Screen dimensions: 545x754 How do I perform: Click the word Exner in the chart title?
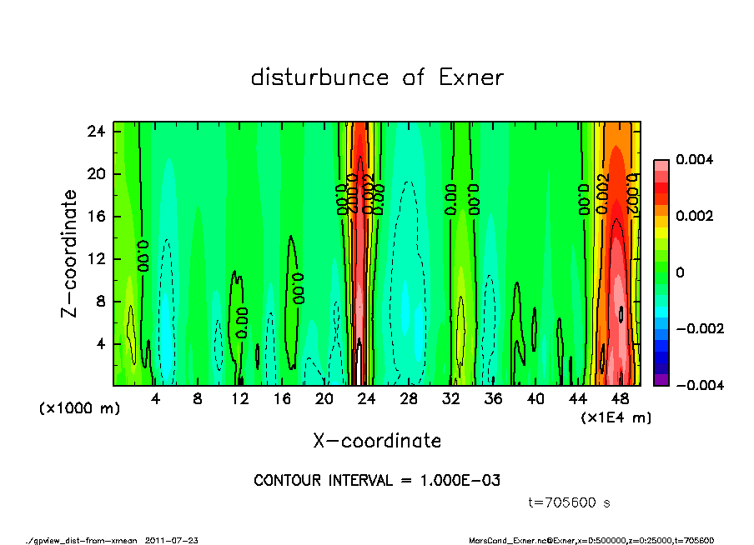click(471, 78)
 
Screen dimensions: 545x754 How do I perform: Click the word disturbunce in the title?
click(320, 78)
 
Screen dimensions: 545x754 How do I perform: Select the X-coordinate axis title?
click(377, 441)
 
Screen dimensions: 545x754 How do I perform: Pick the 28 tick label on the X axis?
click(409, 399)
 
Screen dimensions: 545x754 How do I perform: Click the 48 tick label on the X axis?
click(621, 399)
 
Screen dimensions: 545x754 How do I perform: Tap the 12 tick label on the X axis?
click(240, 399)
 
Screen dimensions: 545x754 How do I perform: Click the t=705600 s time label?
click(571, 502)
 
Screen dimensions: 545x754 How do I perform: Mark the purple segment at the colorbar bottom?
click(661, 380)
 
